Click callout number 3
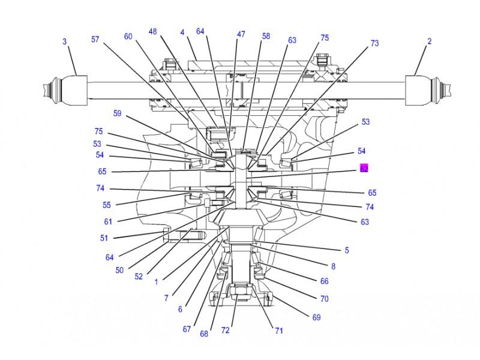(x=65, y=41)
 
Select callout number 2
(x=429, y=41)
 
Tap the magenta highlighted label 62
(x=364, y=169)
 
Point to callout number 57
(x=95, y=39)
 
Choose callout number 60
(x=128, y=37)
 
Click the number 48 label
(x=153, y=32)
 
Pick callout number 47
(x=241, y=35)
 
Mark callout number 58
(x=266, y=36)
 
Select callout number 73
(x=374, y=43)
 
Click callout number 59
(x=118, y=113)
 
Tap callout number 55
(x=107, y=205)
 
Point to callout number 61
(x=108, y=221)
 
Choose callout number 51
(x=104, y=238)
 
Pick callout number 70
(x=325, y=298)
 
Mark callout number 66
(x=325, y=281)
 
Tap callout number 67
(x=187, y=329)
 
